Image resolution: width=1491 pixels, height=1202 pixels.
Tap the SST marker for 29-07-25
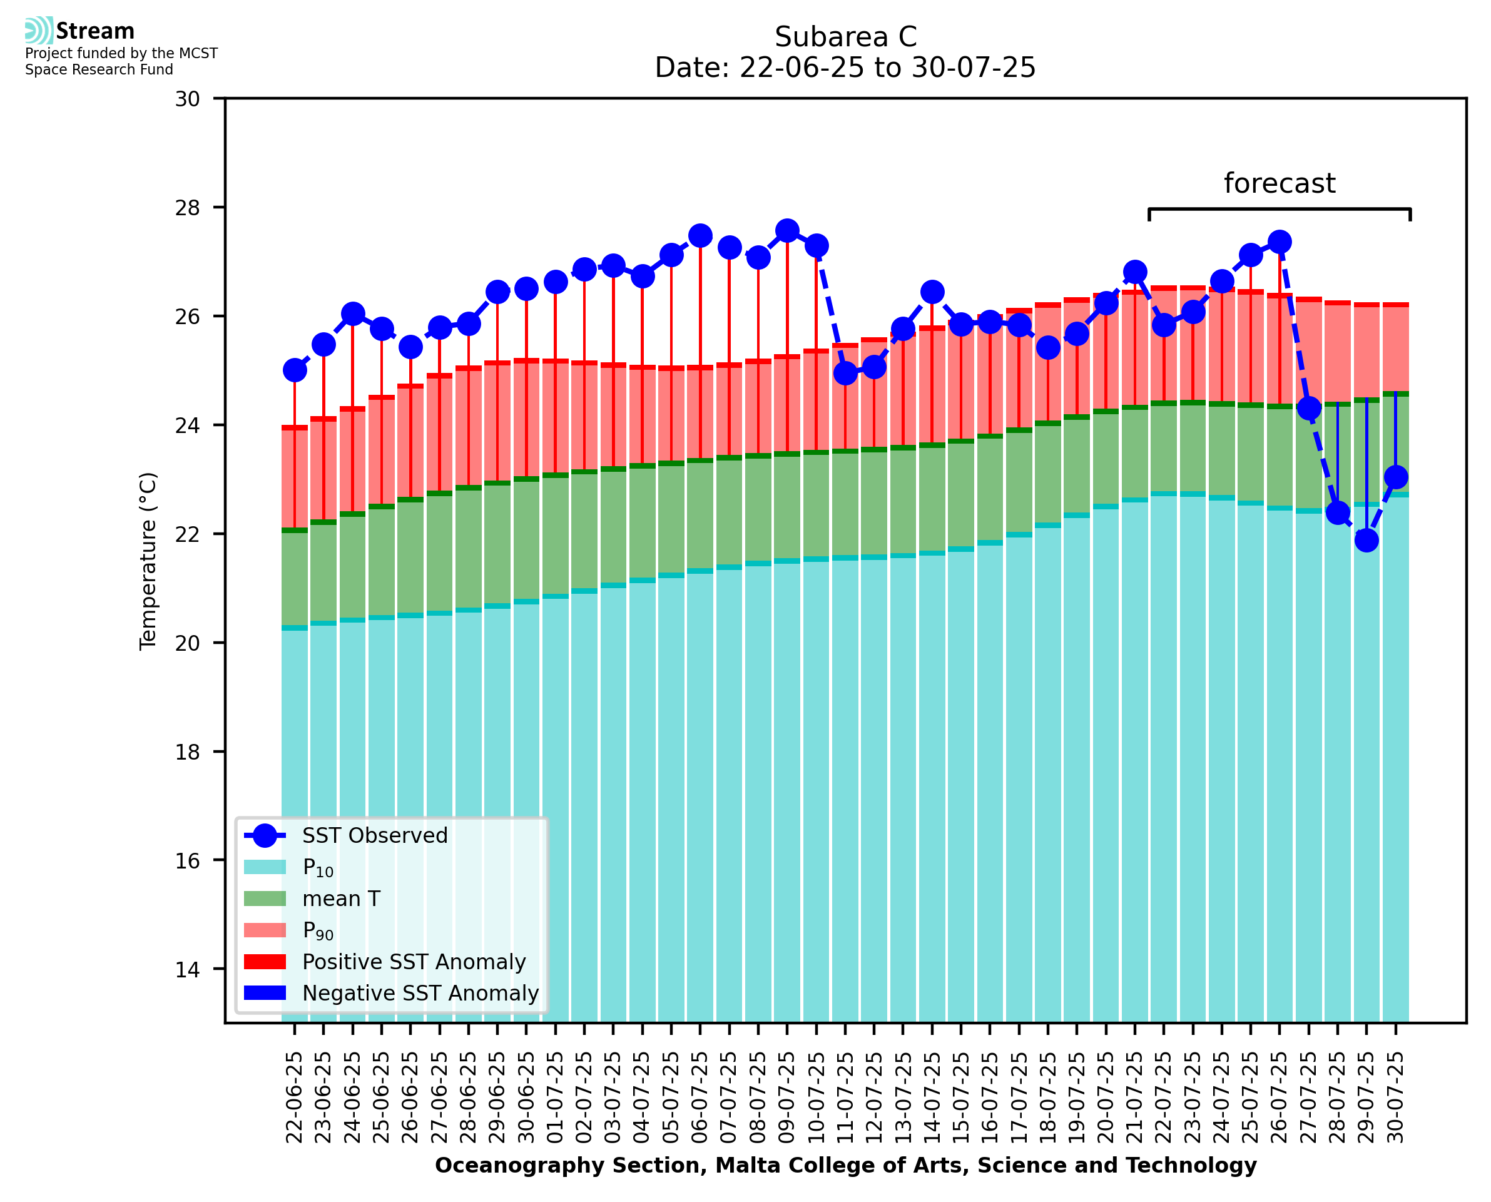[1366, 540]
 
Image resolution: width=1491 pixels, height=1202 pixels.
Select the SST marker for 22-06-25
[295, 370]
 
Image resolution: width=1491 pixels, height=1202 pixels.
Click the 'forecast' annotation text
[1279, 183]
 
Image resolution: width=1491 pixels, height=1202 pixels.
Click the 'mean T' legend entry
[341, 899]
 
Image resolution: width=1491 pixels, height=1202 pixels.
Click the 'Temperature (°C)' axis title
[148, 561]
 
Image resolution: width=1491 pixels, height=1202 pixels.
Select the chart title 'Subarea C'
[845, 37]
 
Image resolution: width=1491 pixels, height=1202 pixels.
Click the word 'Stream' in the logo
[95, 31]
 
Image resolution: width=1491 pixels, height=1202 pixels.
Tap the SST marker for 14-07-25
[932, 292]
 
